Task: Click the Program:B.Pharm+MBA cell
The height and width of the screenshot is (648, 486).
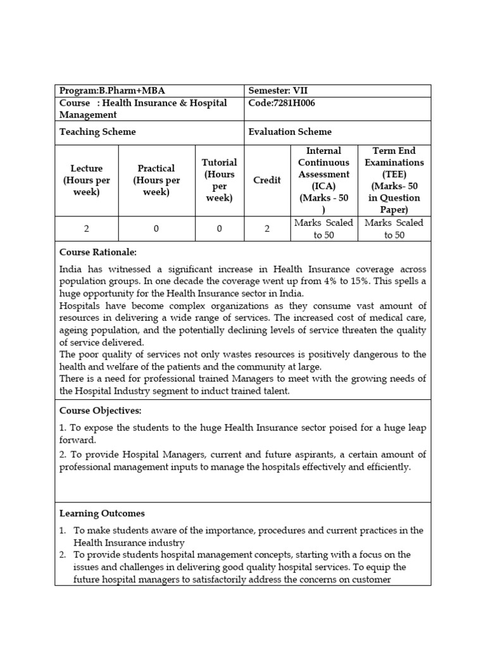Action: coord(112,91)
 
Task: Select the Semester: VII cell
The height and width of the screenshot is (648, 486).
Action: coord(278,91)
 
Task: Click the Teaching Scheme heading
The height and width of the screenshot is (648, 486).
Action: coord(97,132)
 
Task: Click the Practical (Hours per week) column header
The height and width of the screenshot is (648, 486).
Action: coord(156,180)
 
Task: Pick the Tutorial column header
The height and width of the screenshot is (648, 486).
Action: coord(220,180)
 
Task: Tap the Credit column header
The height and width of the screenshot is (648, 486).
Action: coord(267,180)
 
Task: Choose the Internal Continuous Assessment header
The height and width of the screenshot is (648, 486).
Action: coord(324,180)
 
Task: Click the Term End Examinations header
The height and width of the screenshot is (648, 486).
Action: coord(394,180)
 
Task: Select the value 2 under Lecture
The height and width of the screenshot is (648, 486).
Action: coord(87,229)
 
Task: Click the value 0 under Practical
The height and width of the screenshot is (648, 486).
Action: coord(156,229)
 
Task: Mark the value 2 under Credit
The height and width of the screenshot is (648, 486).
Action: coord(267,229)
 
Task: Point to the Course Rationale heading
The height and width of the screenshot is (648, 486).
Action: coord(97,252)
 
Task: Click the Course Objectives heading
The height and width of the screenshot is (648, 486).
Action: coord(100,411)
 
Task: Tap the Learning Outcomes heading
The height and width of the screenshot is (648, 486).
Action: coord(102,513)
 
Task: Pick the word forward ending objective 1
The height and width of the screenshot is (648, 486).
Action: coord(77,440)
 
